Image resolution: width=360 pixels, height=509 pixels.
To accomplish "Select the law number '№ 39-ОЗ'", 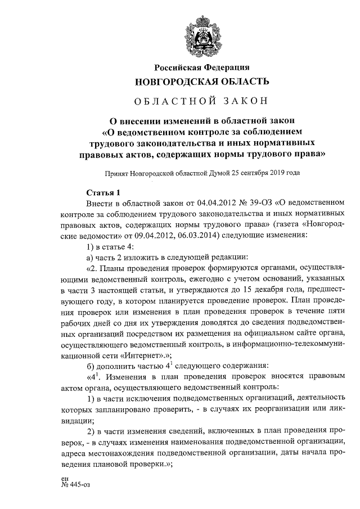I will click(x=237, y=201).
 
